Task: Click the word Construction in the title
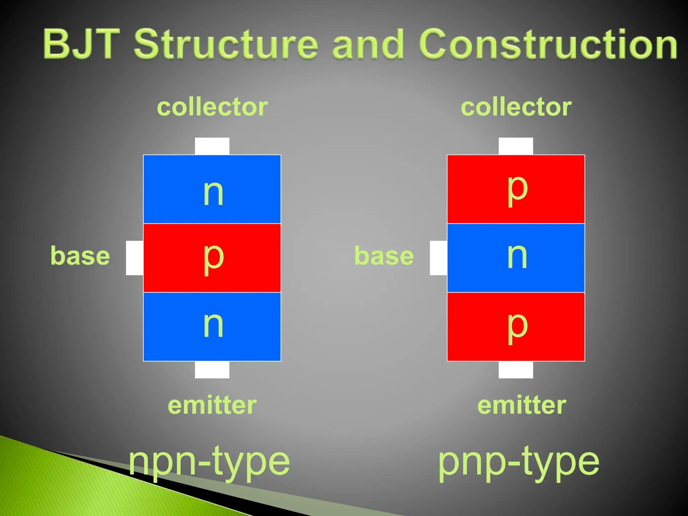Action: pos(548,44)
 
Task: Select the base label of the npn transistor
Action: pos(80,256)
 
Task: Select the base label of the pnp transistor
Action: pos(384,256)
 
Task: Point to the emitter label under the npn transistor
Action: pos(212,405)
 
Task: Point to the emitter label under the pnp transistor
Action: pos(522,405)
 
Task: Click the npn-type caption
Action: pos(209,462)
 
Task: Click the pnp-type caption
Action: pos(519,462)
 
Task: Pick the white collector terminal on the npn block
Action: pos(212,146)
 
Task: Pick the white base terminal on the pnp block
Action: pos(438,258)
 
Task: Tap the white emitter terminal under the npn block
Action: pos(212,370)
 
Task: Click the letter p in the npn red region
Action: pos(213,258)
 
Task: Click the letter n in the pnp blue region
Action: pos(517,256)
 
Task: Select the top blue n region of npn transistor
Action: pos(175,175)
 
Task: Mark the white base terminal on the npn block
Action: pos(134,258)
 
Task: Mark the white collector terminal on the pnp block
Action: pos(516,146)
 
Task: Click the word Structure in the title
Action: pos(226,44)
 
